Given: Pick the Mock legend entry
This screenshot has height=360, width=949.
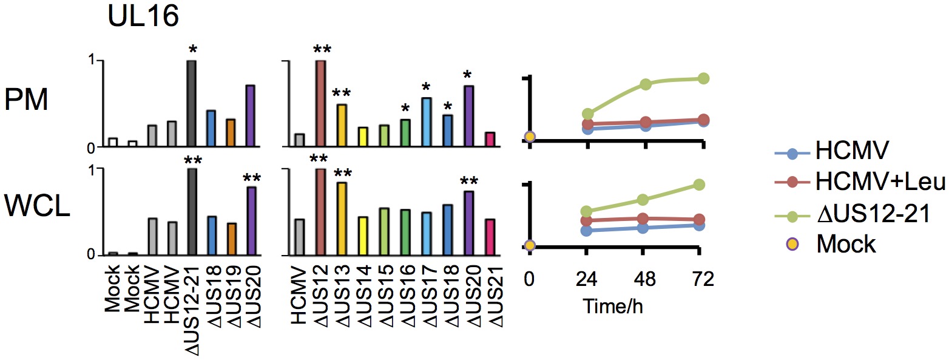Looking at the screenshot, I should [846, 244].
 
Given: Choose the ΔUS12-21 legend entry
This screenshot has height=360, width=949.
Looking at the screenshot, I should [873, 212].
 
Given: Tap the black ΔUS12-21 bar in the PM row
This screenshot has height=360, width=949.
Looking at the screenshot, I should [191, 104].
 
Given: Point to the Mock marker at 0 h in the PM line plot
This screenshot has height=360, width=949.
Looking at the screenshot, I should [530, 137].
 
